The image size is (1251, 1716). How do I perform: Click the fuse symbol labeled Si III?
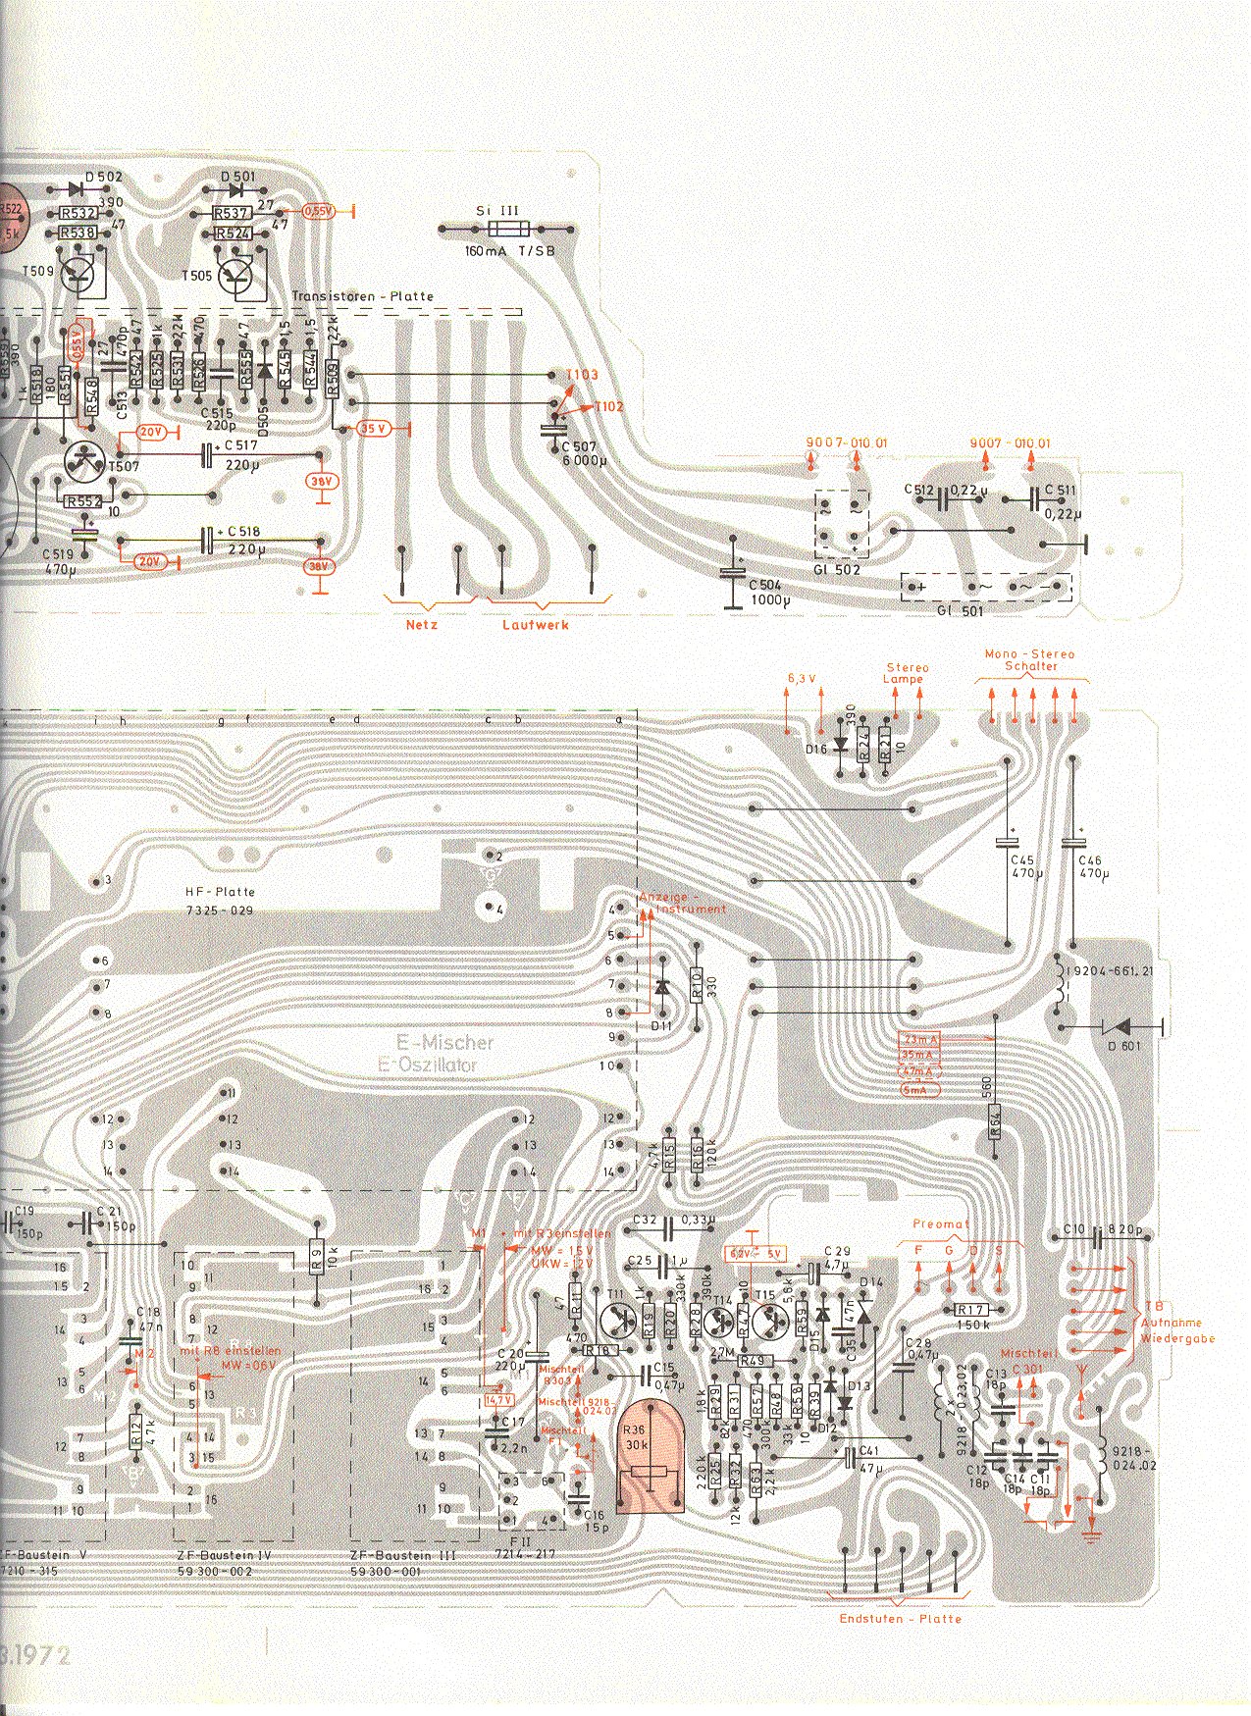[509, 230]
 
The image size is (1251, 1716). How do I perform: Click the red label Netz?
[422, 624]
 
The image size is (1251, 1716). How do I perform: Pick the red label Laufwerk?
[536, 624]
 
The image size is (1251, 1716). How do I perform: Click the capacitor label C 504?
[765, 586]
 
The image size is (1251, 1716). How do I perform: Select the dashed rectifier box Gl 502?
[842, 523]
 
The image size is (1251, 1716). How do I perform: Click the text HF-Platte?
[220, 892]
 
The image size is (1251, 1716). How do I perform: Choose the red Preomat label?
[940, 1223]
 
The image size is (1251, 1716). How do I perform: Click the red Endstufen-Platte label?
[900, 1618]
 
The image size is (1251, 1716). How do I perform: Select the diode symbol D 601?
[1120, 1026]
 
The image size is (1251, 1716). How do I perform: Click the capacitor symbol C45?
[1007, 842]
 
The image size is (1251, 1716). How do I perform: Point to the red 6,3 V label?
[802, 677]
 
